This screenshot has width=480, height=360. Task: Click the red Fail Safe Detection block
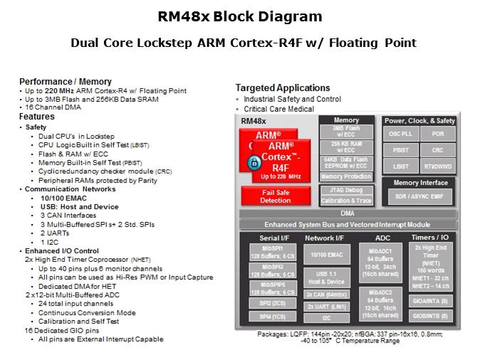276,196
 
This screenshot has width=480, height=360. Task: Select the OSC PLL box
401,134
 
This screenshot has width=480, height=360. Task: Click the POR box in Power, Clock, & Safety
437,134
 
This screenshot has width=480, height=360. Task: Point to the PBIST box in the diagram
401,150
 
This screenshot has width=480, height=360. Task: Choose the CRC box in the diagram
437,150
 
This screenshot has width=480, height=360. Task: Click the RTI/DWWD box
437,166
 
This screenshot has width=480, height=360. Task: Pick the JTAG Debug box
347,190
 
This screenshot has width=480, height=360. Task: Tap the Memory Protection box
347,176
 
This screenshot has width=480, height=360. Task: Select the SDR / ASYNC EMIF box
419,196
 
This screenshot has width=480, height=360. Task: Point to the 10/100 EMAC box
325,254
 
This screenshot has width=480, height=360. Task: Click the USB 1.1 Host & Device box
325,277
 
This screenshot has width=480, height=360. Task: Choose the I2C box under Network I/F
325,317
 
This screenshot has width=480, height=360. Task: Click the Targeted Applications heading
283,88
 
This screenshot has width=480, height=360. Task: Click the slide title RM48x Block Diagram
239,16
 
